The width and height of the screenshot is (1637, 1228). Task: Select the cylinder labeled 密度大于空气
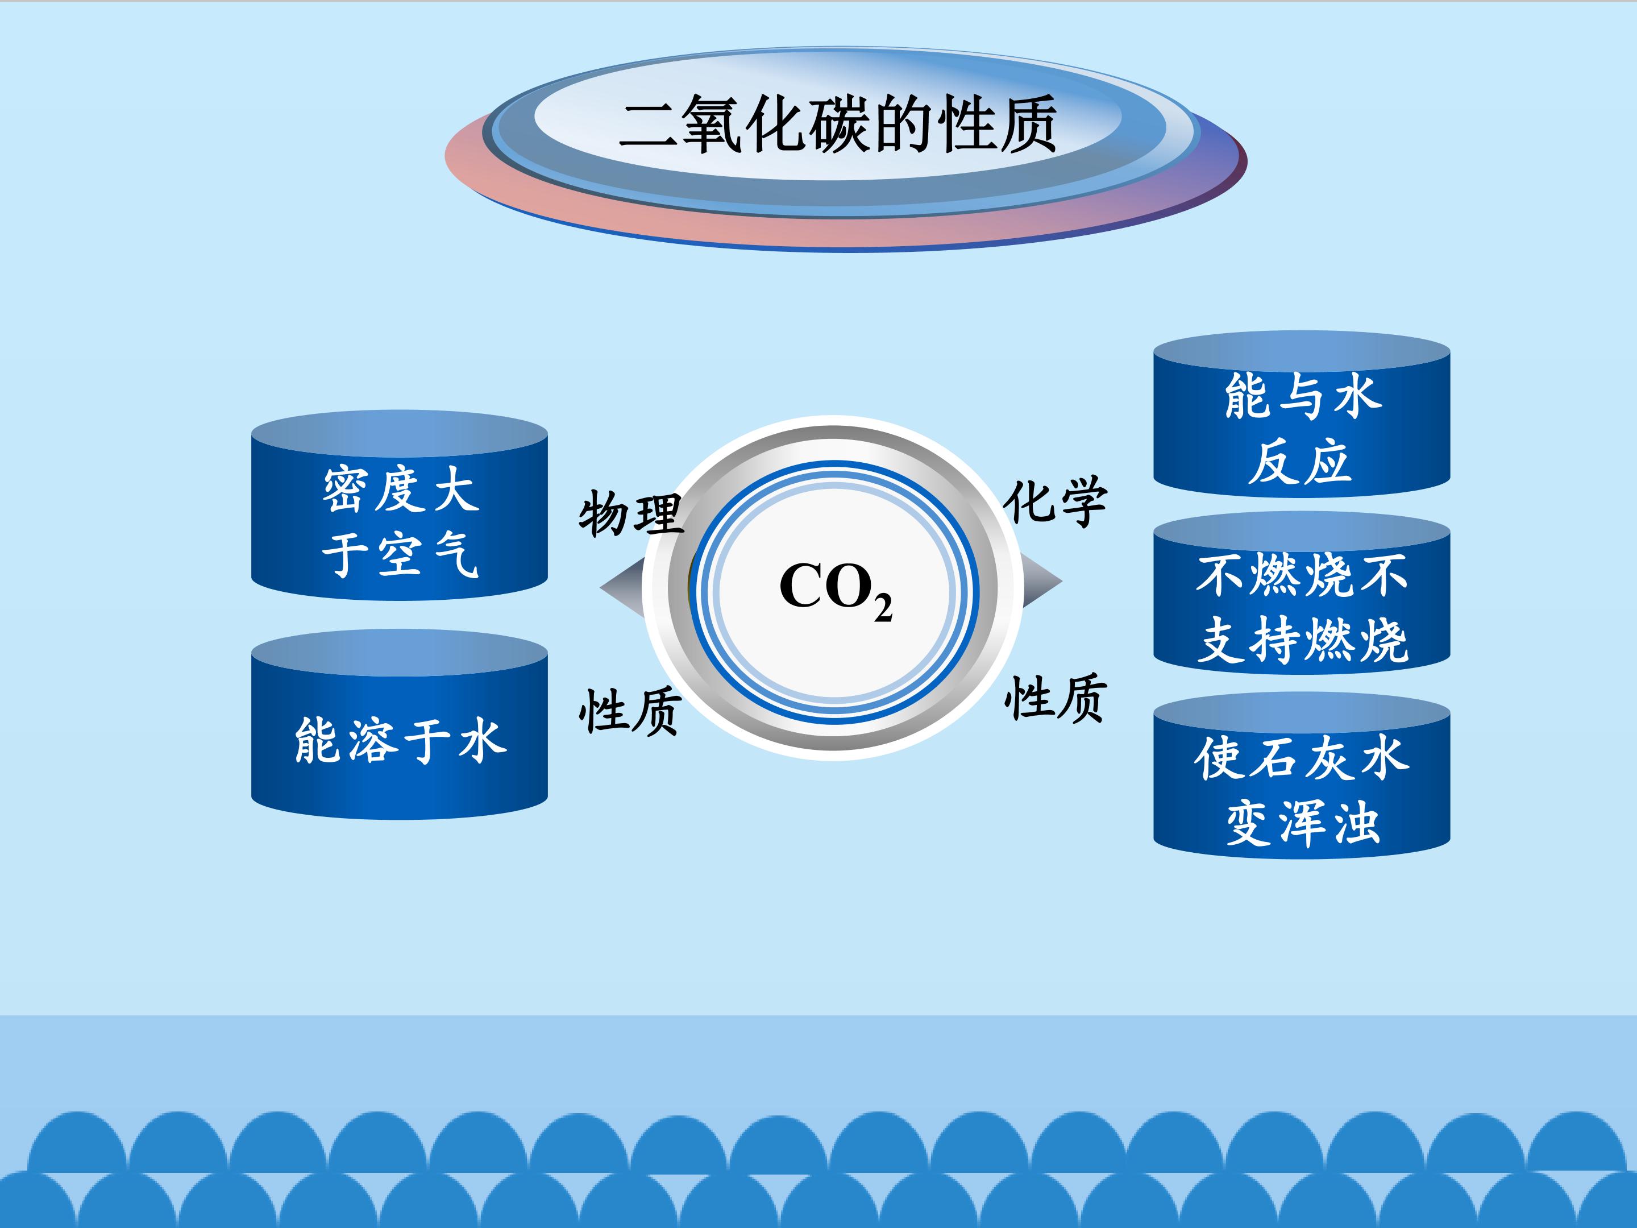[x=400, y=518]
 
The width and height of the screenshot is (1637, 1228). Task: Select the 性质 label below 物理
[x=630, y=711]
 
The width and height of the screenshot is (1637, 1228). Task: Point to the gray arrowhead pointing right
[x=1042, y=582]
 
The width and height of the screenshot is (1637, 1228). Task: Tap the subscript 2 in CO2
[x=882, y=608]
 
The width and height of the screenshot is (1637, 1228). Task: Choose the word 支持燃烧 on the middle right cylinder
[x=1303, y=640]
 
